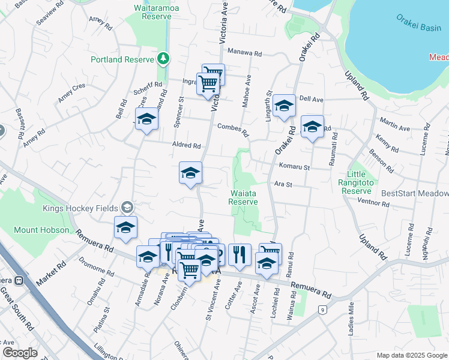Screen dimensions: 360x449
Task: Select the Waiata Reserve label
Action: click(244, 197)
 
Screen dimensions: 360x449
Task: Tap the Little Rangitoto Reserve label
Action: click(365, 182)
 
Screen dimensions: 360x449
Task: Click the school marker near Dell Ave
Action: click(284, 106)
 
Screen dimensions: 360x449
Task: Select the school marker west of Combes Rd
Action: click(146, 119)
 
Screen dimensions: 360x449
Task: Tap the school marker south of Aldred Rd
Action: click(190, 173)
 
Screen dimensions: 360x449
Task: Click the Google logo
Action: click(20, 352)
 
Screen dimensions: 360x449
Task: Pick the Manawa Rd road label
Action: click(245, 53)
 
